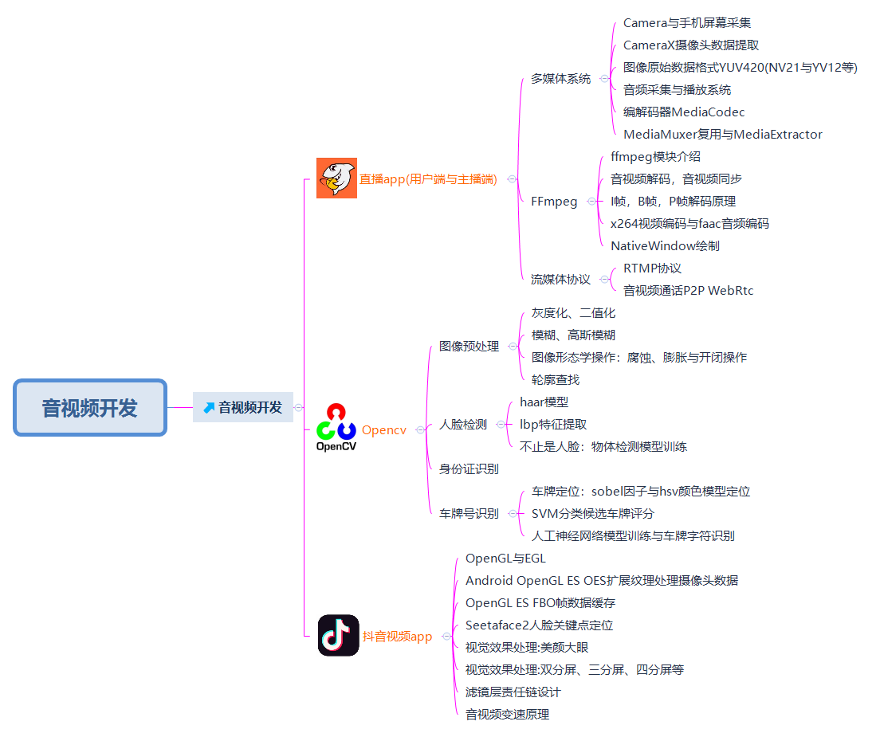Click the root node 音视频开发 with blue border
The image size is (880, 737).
(90, 408)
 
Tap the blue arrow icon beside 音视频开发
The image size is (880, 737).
(209, 408)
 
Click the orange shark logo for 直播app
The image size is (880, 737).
(336, 178)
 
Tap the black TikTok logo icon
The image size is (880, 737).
(338, 635)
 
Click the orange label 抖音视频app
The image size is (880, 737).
(397, 637)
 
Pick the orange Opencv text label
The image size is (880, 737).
(383, 430)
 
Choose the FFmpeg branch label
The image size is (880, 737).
(554, 202)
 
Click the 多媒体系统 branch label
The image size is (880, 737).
(561, 79)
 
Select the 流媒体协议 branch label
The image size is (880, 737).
(561, 280)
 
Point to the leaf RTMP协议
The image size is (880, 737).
(652, 269)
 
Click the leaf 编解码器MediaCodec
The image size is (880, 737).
(684, 112)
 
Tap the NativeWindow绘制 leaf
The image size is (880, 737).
(665, 246)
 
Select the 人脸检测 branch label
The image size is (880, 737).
(463, 425)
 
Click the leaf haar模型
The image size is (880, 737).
(544, 402)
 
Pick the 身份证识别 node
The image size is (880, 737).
(469, 469)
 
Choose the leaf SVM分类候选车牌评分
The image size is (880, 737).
(592, 514)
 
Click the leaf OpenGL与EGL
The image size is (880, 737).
(505, 559)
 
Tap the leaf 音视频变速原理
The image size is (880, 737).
(507, 715)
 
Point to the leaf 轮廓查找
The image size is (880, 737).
(556, 380)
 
